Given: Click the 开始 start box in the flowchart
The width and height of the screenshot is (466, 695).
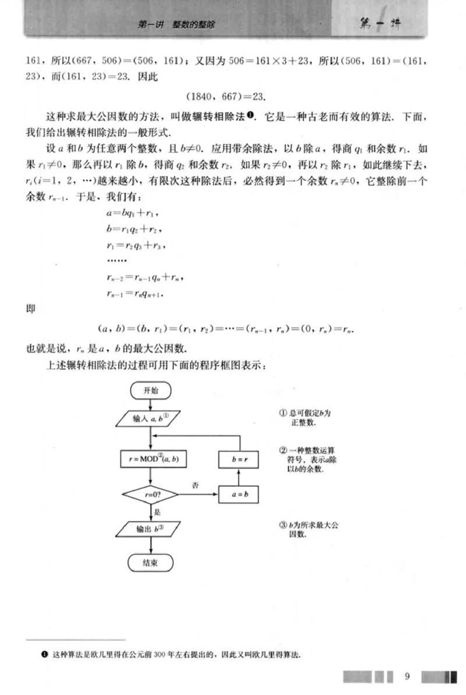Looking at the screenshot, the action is click(x=151, y=390).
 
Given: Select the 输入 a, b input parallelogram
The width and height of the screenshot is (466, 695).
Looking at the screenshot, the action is click(x=151, y=419).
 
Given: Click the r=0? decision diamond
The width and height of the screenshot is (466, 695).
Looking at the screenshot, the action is click(x=151, y=494).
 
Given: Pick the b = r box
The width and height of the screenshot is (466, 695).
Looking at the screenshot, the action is click(x=238, y=459).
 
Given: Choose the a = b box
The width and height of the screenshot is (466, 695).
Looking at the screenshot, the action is click(x=238, y=494).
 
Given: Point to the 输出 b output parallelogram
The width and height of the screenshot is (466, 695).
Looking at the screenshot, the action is click(x=151, y=529).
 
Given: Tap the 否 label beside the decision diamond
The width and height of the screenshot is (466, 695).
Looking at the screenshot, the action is click(x=195, y=484).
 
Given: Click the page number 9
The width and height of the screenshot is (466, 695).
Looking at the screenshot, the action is click(x=407, y=676).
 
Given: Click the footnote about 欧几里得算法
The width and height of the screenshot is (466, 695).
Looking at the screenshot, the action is click(x=175, y=655).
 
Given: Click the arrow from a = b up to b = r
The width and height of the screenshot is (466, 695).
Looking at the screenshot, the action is click(x=238, y=477).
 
